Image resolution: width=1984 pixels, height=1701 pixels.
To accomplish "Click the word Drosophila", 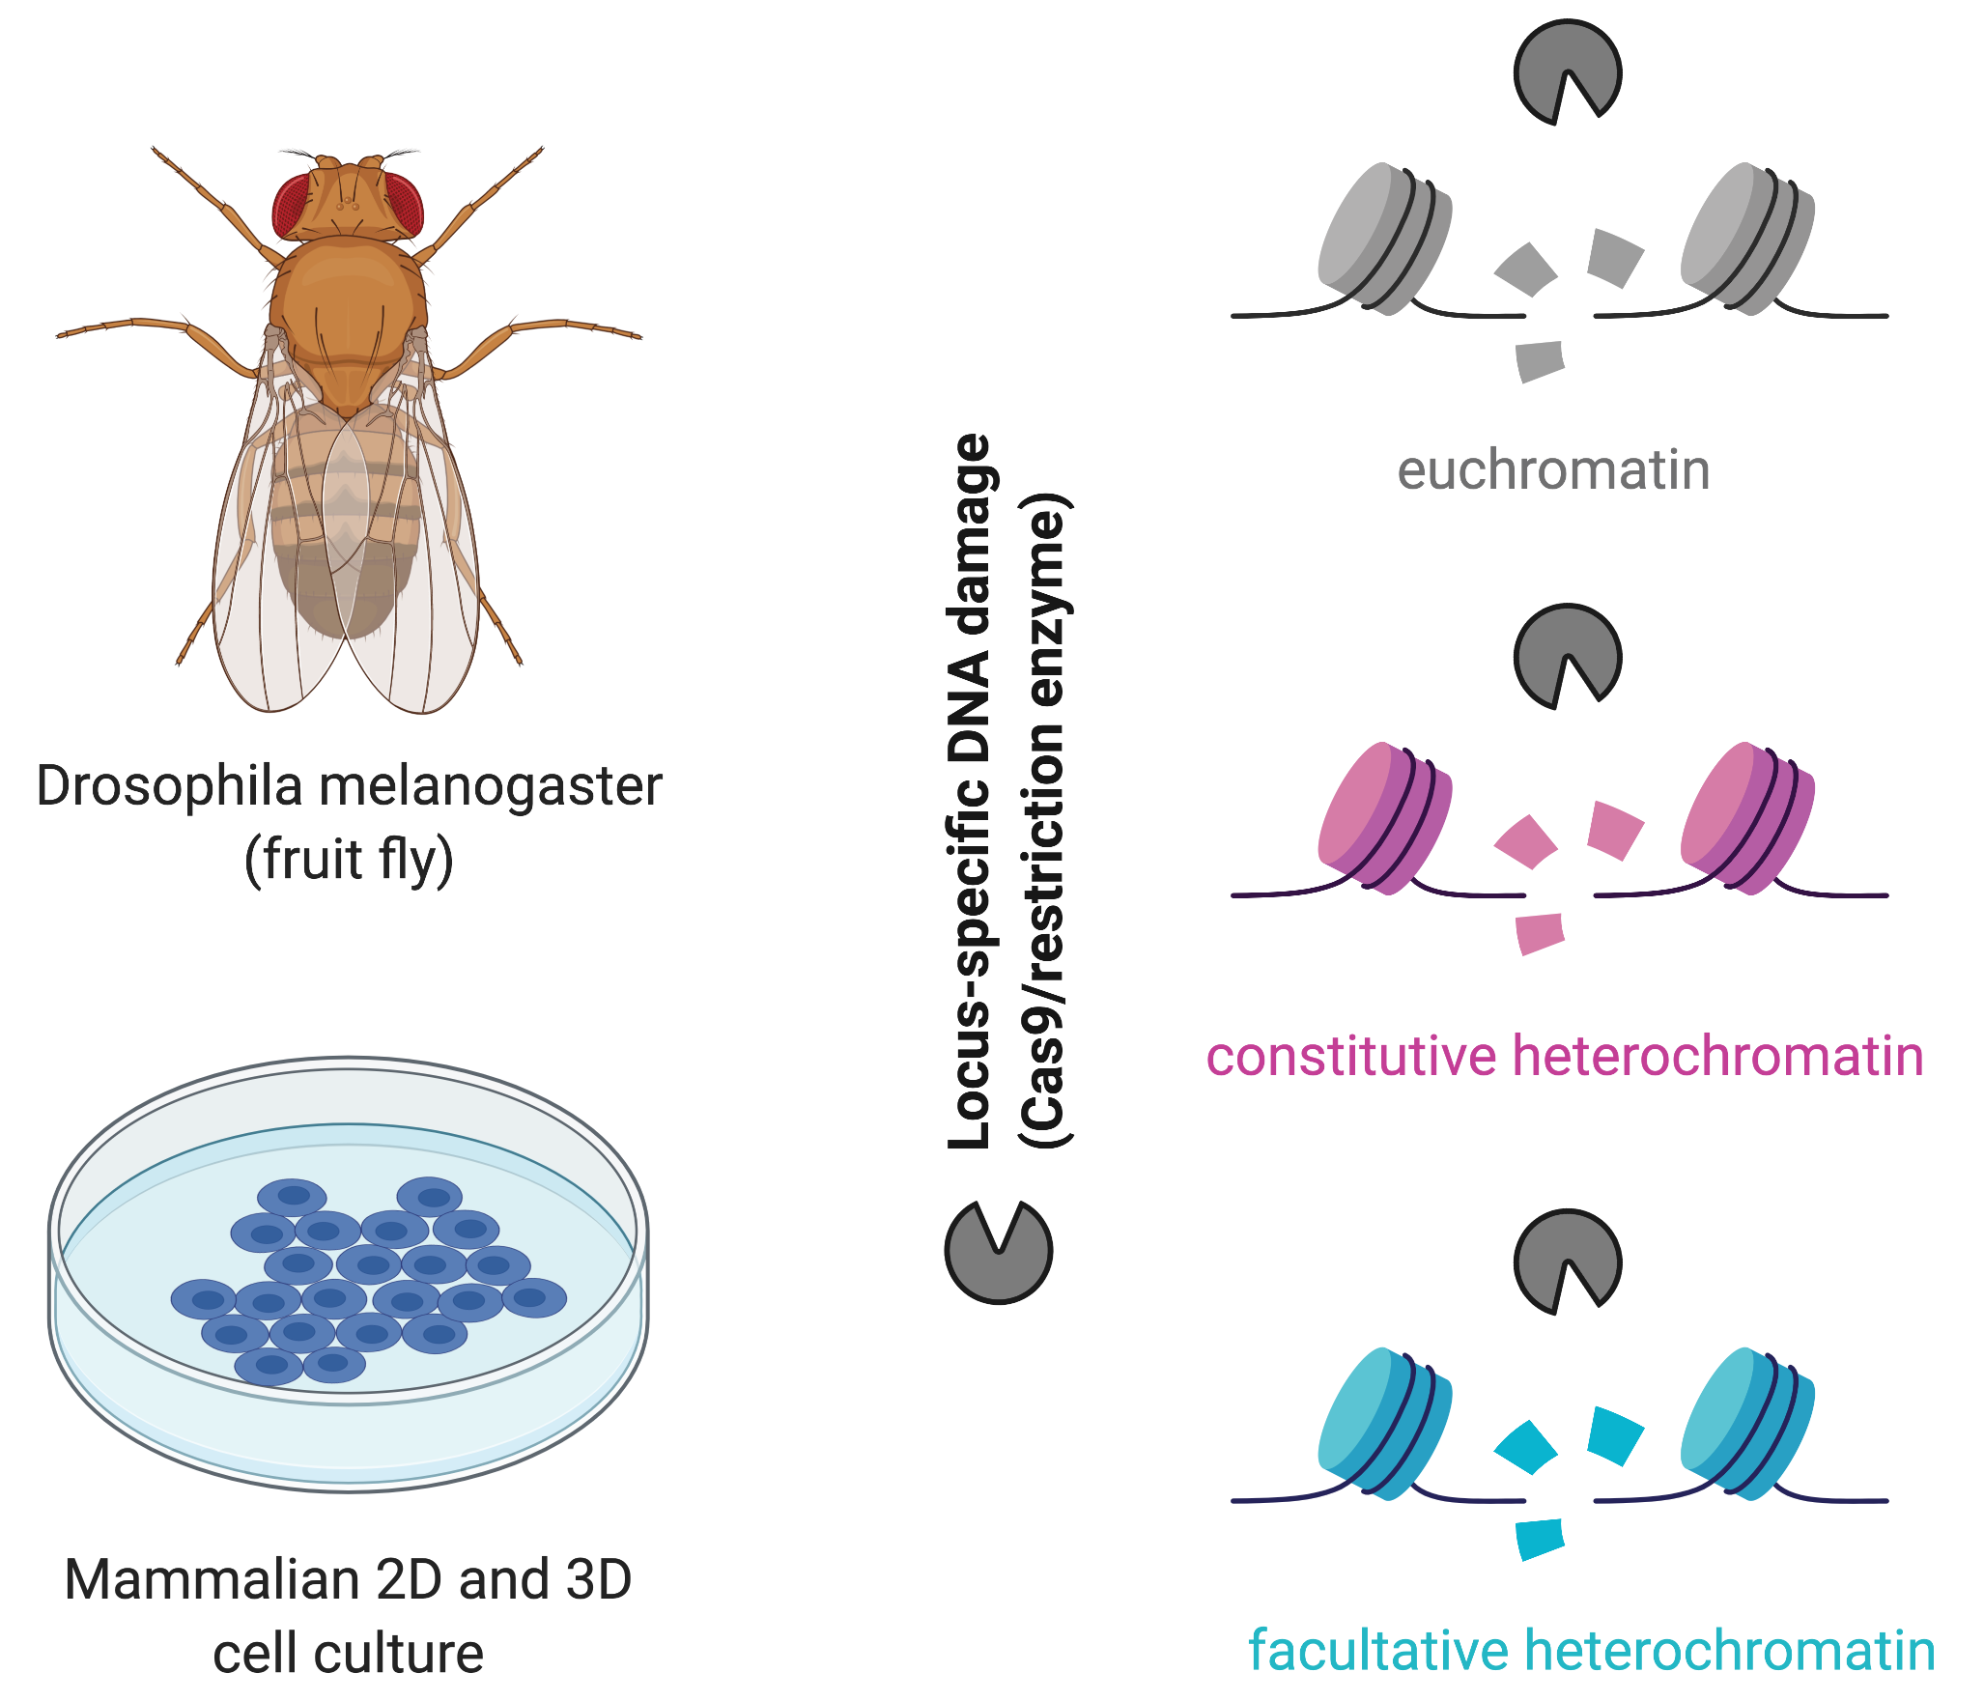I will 169,786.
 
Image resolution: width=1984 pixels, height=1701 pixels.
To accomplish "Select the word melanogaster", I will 491,786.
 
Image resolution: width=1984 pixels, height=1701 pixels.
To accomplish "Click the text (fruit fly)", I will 349,860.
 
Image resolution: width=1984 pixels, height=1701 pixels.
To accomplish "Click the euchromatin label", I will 1553,470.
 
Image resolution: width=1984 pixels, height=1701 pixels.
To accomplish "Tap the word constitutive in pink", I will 1350,1056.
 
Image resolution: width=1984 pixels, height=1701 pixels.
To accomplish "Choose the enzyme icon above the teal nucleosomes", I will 1565,1260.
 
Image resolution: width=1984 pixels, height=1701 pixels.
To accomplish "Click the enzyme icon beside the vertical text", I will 997,1252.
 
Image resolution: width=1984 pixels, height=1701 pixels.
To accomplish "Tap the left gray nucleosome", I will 1383,239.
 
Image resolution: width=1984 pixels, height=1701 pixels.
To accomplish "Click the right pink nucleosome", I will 1746,818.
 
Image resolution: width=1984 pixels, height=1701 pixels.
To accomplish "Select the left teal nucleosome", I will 1383,1422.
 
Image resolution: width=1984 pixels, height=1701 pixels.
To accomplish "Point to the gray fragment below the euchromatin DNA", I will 1540,361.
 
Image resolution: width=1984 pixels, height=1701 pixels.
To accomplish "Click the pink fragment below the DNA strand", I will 1540,933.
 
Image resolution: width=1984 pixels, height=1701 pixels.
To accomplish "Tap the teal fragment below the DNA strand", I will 1540,1538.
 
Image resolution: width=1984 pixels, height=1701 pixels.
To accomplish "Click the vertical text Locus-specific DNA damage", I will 970,792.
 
